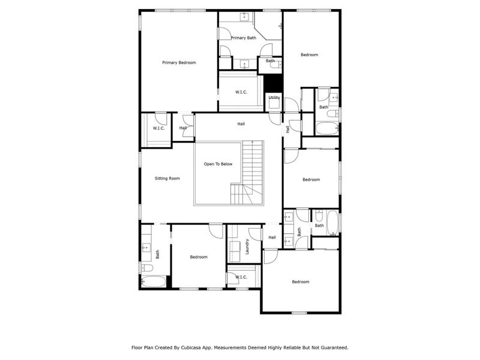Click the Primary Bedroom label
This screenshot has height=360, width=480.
coord(179,62)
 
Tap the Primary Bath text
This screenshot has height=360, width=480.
coord(243,38)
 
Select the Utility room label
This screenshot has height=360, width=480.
coord(274,97)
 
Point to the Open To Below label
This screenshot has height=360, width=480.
coord(218,164)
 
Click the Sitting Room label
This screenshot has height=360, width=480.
coord(167,178)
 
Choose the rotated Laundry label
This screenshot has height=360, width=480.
coord(247,246)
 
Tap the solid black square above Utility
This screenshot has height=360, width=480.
coord(274,83)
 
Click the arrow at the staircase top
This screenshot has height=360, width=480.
coord(253,144)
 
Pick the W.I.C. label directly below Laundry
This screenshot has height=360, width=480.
coord(241,277)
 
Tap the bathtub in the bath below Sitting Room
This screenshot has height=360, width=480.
coord(154,281)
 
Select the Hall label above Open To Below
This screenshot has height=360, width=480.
coord(241,124)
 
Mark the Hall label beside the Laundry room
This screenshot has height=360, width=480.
coord(272,237)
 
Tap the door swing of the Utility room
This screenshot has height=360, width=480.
coord(292,106)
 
